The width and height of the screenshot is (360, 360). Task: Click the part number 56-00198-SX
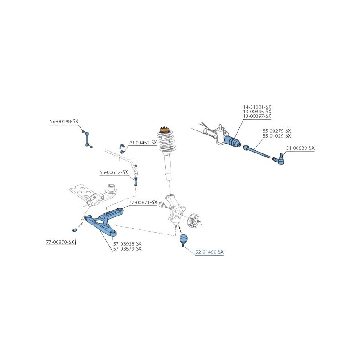(x=64, y=121)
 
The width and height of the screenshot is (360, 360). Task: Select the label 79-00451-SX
(x=143, y=143)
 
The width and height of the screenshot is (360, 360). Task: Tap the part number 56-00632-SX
(x=114, y=172)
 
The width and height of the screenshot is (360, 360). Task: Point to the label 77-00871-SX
(x=143, y=202)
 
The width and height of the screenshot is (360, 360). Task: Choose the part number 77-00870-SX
(x=60, y=242)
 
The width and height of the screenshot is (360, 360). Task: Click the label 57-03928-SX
(x=127, y=243)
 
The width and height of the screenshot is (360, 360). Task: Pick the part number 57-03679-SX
(x=127, y=249)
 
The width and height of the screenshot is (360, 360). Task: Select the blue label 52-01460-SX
(x=209, y=252)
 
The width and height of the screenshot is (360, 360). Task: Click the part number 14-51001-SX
(x=257, y=107)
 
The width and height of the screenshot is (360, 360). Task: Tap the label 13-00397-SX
(x=257, y=116)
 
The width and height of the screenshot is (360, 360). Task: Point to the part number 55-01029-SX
(x=277, y=136)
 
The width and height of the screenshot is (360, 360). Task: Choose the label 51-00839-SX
(x=300, y=148)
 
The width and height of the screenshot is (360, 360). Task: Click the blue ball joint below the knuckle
(x=183, y=240)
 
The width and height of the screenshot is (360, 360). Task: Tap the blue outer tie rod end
(x=279, y=159)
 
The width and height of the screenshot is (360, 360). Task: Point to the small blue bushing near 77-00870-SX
(x=75, y=230)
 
